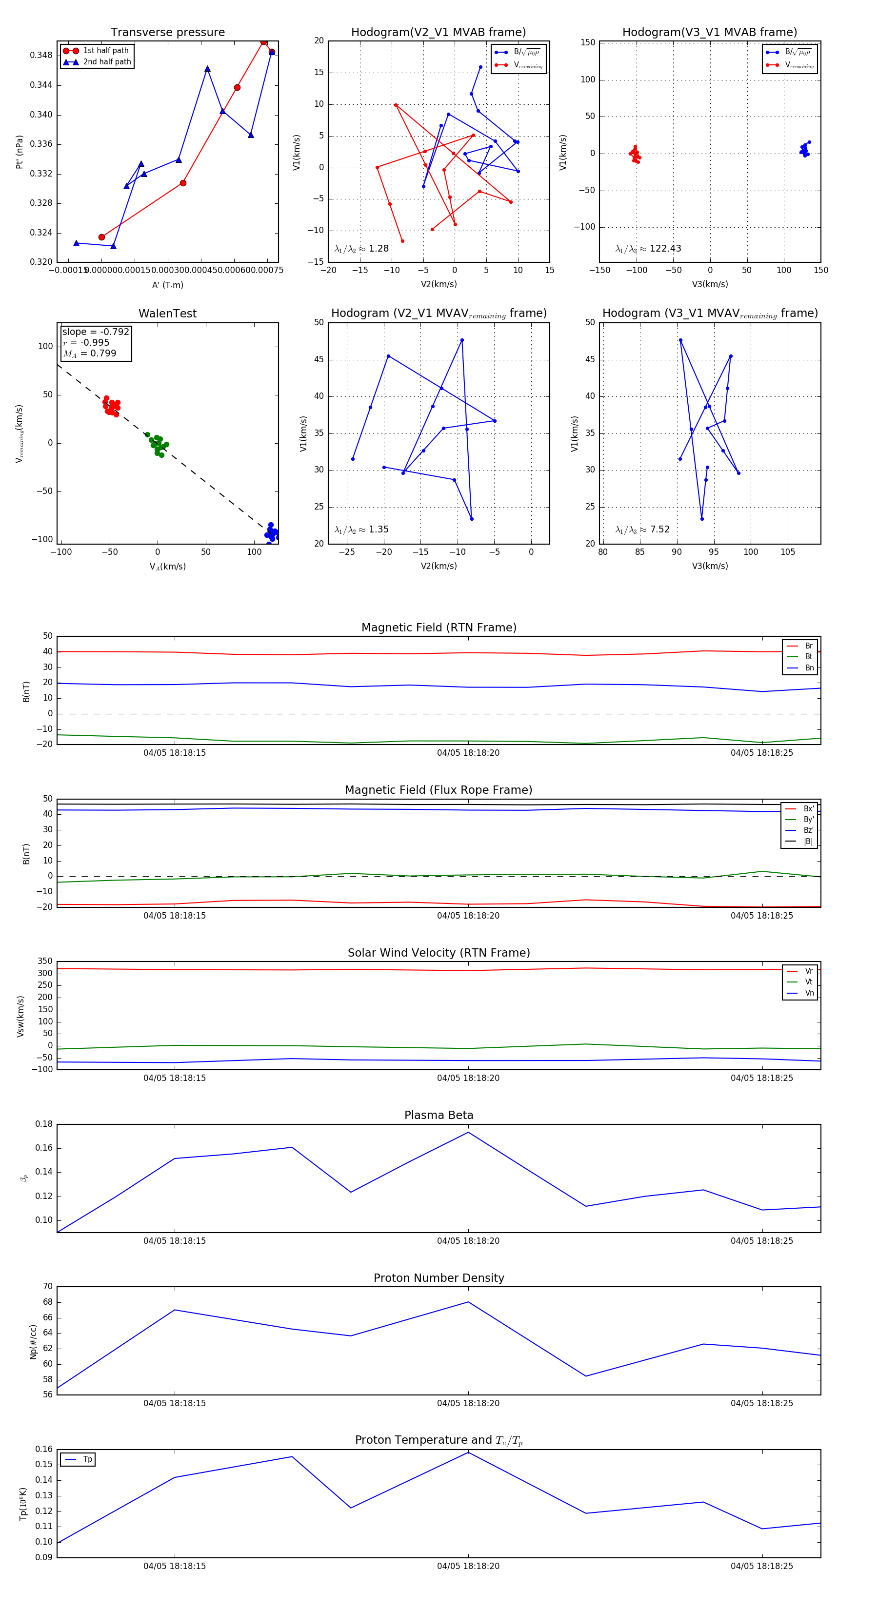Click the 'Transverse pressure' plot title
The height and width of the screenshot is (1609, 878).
click(x=167, y=33)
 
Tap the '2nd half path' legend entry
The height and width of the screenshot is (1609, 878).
click(x=107, y=62)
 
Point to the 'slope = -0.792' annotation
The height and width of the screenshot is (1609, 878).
click(x=96, y=332)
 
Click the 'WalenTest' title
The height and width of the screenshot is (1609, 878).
click(x=167, y=314)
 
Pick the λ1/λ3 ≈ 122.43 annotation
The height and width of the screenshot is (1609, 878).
click(x=648, y=249)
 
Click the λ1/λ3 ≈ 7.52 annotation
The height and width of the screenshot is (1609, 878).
click(x=642, y=530)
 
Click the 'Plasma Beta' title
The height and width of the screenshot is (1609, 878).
click(x=439, y=1115)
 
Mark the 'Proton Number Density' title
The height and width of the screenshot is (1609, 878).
click(x=439, y=1278)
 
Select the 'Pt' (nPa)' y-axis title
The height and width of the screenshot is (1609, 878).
click(x=20, y=152)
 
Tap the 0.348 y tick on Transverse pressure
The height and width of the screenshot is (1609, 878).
click(x=41, y=55)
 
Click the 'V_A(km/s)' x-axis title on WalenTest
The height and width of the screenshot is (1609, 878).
click(x=167, y=567)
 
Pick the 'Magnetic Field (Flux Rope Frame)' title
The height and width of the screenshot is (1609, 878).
click(x=439, y=790)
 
